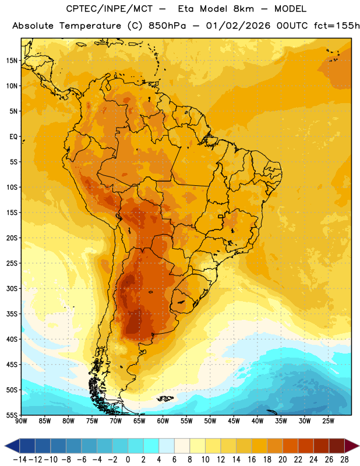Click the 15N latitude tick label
pyautogui.click(x=12, y=61)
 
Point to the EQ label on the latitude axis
pyautogui.click(x=13, y=137)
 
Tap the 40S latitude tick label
pyautogui.click(x=12, y=339)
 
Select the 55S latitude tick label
pyautogui.click(x=12, y=415)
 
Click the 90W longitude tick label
pyautogui.click(x=21, y=421)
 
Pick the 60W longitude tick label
pyautogui.click(x=163, y=421)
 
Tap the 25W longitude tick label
pyautogui.click(x=328, y=421)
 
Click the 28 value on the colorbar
pyautogui.click(x=344, y=460)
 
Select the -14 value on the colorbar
pyautogui.click(x=20, y=460)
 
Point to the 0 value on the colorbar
pyautogui.click(x=128, y=460)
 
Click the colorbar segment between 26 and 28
pyautogui.click(x=337, y=446)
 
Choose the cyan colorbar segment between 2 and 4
pyautogui.click(x=151, y=446)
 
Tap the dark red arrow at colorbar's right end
pyautogui.click(x=352, y=446)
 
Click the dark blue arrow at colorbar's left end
pyautogui.click(x=12, y=446)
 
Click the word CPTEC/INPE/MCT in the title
pyautogui.click(x=110, y=9)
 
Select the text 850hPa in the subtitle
pyautogui.click(x=167, y=26)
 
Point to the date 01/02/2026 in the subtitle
pyautogui.click(x=238, y=26)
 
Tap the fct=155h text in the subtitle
pyautogui.click(x=337, y=26)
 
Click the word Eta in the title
pyautogui.click(x=186, y=9)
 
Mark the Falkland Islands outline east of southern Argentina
pyautogui.click(x=165, y=398)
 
